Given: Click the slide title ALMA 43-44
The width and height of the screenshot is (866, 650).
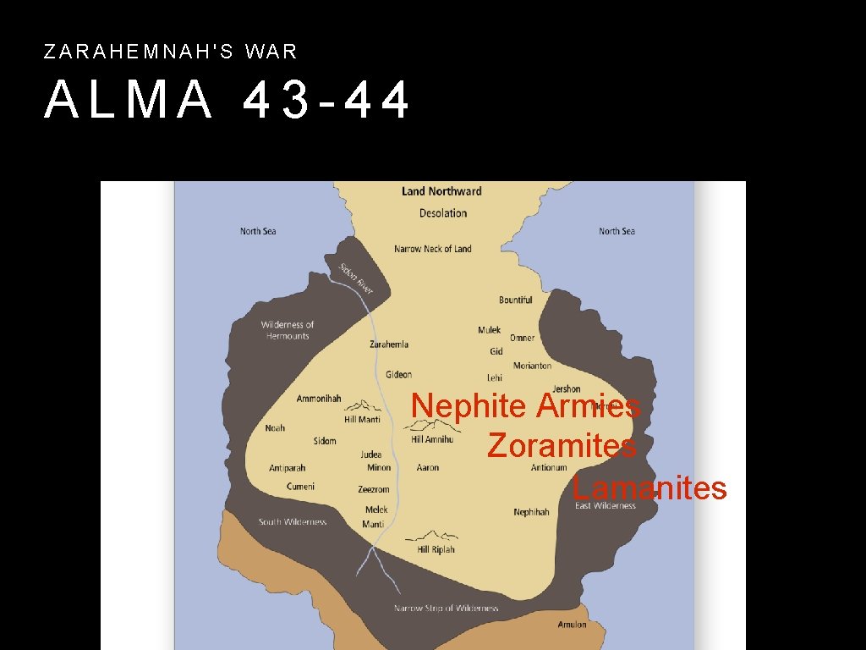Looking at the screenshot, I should pos(227,100).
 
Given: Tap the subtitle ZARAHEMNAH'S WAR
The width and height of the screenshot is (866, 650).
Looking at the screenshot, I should pos(171,52).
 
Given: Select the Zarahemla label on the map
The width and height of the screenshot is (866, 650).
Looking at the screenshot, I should pos(389,344).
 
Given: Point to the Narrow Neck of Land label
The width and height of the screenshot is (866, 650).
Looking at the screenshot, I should pos(432,249).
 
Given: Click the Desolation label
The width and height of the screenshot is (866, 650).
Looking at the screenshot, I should pos(442,213).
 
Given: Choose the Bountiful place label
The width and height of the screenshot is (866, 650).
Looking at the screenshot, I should pos(515,300).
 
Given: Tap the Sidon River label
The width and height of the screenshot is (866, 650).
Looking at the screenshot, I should pos(356,278).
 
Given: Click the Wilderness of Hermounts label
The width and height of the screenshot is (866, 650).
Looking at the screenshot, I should pos(287,330).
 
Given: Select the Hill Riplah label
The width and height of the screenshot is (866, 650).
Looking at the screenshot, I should pos(436,549).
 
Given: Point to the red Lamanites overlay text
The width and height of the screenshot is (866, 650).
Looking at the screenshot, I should pos(649,488).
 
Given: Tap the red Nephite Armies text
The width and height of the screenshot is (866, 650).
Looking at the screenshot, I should pos(525,406).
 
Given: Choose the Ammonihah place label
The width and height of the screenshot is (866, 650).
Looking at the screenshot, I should pos(319,399).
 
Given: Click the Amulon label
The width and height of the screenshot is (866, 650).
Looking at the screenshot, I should pos(572,625).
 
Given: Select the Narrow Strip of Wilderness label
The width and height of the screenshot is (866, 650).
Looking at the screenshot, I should pos(446,608).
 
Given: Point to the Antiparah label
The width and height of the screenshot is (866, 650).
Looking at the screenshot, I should pos(287,468).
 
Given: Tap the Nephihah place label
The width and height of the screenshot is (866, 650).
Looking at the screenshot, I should pos(531,512).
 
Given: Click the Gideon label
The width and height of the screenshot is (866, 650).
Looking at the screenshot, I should pos(398,374).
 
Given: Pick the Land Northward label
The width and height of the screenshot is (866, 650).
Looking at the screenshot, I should pos(441,191).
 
